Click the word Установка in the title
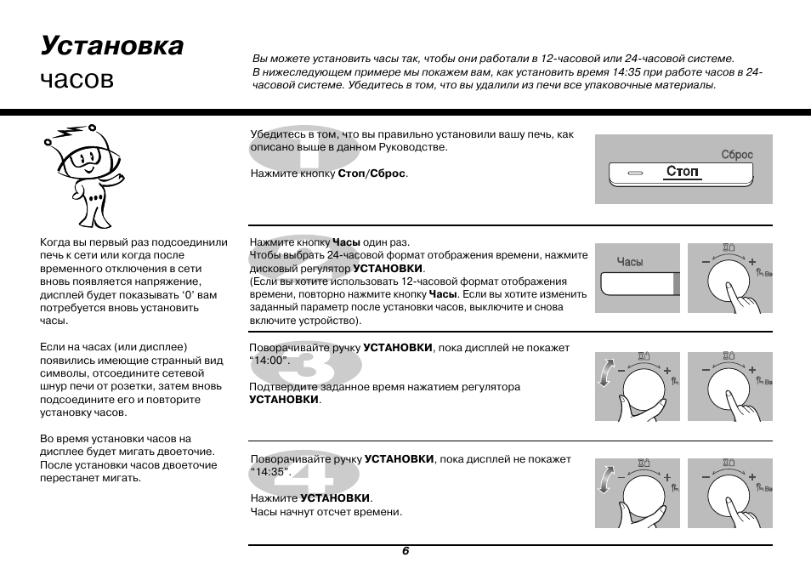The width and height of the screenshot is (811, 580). click(111, 45)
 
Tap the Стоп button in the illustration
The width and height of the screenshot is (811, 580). click(683, 173)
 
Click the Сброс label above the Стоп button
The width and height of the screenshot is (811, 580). click(737, 155)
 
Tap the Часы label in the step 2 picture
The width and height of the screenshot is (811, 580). click(630, 262)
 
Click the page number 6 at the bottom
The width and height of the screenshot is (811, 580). click(405, 551)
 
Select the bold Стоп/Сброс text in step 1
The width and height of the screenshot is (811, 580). click(372, 173)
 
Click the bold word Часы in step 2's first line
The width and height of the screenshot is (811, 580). click(346, 242)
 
